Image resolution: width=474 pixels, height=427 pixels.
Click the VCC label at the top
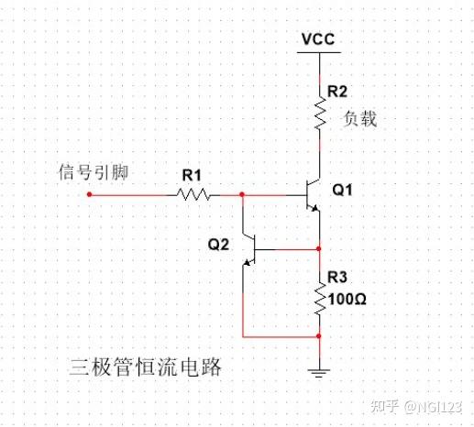317,40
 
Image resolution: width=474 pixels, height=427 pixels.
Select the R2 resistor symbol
318,115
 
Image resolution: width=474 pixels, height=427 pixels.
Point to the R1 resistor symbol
194,194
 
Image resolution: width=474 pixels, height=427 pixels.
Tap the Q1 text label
341,191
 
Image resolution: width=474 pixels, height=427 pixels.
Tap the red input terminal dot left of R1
89,194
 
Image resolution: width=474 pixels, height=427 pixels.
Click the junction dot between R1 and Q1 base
242,194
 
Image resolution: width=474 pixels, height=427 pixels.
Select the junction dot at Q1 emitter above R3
318,248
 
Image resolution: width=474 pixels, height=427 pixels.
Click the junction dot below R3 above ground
318,336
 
